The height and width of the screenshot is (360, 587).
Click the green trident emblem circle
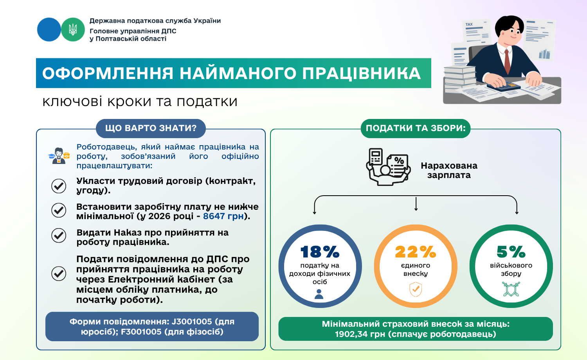tap(73, 30)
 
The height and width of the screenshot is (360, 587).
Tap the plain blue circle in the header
tap(49, 30)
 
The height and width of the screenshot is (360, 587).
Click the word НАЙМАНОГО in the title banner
tap(238, 73)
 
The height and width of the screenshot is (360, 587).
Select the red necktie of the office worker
tap(507, 61)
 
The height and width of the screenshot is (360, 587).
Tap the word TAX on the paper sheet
tap(469, 24)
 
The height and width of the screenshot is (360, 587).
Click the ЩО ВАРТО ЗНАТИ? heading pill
tap(151, 128)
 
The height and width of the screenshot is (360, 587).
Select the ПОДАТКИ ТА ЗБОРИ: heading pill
tap(415, 128)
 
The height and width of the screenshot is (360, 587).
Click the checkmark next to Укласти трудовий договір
tap(59, 186)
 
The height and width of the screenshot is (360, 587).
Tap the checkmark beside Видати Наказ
tap(59, 235)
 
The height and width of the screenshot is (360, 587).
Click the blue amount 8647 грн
tap(223, 216)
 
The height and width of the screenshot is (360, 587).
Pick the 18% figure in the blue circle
tap(320, 252)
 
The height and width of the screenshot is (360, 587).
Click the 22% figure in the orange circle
tap(416, 252)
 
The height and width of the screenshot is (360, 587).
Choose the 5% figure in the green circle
tap(511, 252)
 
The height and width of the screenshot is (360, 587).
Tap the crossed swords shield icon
tap(511, 289)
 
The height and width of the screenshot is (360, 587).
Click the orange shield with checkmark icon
tap(416, 289)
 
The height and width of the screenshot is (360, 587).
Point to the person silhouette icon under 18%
tap(319, 294)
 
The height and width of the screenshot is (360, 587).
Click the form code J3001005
tap(192, 322)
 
